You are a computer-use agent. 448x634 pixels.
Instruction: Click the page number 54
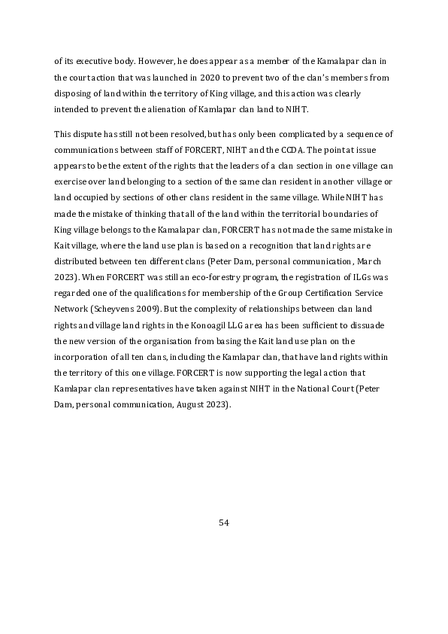[223, 522]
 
